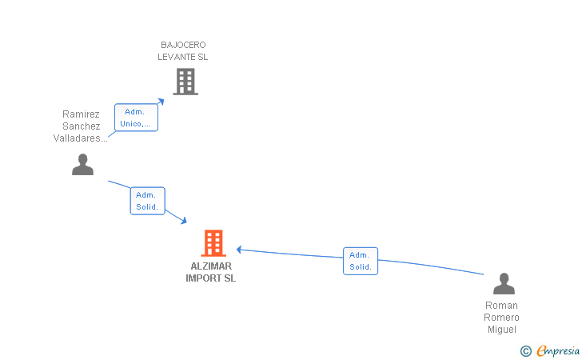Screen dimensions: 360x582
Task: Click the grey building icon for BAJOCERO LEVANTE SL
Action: tap(185, 81)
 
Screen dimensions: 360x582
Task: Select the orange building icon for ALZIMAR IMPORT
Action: tap(213, 243)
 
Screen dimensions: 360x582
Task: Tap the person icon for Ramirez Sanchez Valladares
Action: tap(82, 164)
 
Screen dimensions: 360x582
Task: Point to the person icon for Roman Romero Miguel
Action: tap(504, 284)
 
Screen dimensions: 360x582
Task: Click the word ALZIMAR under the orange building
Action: tap(211, 266)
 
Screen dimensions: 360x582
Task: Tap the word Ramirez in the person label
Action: tap(81, 114)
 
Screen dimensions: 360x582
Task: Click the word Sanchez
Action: tap(81, 126)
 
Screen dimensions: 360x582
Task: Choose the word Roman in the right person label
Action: tap(501, 306)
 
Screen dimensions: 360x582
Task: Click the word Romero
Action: tap(501, 318)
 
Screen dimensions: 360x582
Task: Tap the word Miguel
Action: tap(501, 330)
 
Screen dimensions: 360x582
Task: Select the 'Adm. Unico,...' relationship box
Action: tap(136, 118)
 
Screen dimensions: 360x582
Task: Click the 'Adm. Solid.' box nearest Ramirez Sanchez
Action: tap(147, 201)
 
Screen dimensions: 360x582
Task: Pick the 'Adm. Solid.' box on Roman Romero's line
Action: tap(361, 261)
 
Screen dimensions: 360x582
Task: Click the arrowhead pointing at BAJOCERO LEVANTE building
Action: tap(161, 100)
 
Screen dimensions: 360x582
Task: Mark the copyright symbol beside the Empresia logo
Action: tap(525, 350)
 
